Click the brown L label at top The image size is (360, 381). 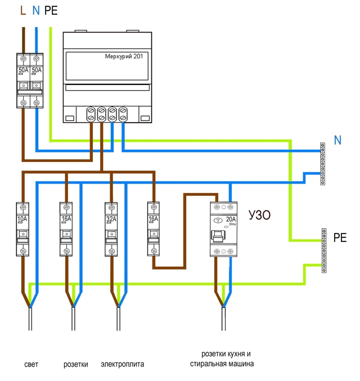click(x=22, y=10)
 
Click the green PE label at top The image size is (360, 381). click(x=51, y=10)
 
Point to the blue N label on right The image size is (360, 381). click(x=337, y=140)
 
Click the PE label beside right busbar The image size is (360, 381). click(x=340, y=238)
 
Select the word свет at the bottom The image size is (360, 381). click(x=31, y=364)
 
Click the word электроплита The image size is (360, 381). click(x=123, y=364)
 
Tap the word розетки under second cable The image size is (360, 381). click(x=76, y=364)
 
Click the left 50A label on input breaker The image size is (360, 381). click(x=23, y=70)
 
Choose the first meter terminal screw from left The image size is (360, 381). click(x=91, y=114)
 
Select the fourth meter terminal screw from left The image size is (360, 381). click(x=123, y=114)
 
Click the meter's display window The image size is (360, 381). click(x=107, y=66)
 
